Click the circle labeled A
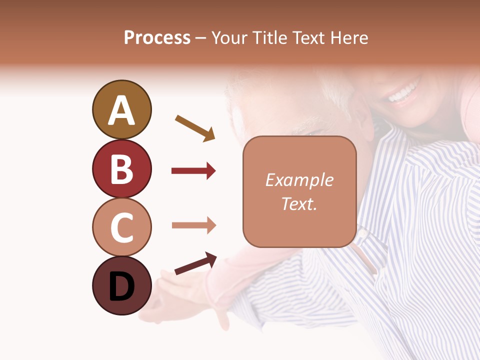[x=121, y=109]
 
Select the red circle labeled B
[x=121, y=168]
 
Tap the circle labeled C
[x=121, y=227]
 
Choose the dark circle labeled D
[x=121, y=285]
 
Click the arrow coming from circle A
[x=195, y=128]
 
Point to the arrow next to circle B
[x=193, y=171]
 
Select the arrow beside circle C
[x=193, y=225]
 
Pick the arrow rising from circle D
[x=195, y=263]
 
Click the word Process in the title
[x=157, y=38]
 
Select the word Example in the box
[x=299, y=180]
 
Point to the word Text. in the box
[x=299, y=203]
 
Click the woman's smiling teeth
[x=402, y=93]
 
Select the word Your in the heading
[x=229, y=38]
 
